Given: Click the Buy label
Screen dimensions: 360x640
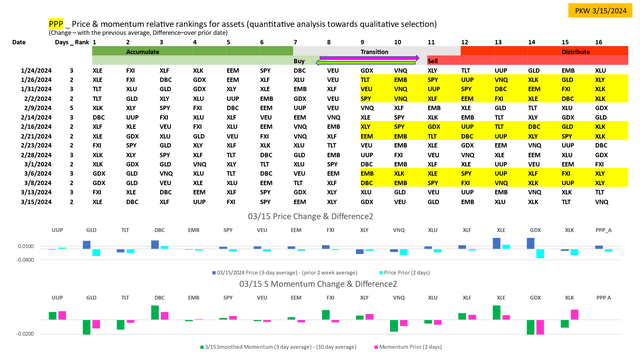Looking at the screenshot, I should coord(299,60).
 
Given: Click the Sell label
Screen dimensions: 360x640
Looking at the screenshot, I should coord(433,60).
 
